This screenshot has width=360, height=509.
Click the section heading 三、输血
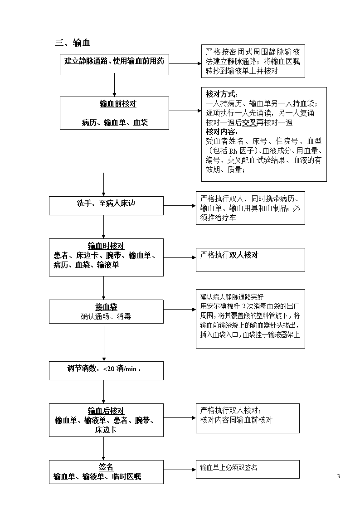73,43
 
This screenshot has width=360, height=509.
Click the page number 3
338,476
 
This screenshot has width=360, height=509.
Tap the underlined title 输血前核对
118,104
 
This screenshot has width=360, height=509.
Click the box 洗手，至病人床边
106,205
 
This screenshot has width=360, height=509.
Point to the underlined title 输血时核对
106,246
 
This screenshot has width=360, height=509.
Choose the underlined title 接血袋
106,307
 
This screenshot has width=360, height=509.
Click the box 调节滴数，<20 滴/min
106,371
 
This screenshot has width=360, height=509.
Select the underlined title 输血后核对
106,411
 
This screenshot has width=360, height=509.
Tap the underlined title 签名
106,467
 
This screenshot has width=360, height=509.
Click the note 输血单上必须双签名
229,467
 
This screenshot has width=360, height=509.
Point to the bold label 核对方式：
222,94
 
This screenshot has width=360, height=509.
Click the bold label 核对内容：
222,132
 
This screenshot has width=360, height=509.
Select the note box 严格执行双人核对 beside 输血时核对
250,260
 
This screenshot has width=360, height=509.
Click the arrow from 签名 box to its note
180,470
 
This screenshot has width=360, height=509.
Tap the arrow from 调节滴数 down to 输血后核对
103,392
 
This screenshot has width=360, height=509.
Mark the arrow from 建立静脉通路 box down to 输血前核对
114,86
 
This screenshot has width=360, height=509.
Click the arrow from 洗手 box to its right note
180,205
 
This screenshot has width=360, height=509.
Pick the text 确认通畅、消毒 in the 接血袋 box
106,316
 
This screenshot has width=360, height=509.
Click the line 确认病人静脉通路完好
232,297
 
